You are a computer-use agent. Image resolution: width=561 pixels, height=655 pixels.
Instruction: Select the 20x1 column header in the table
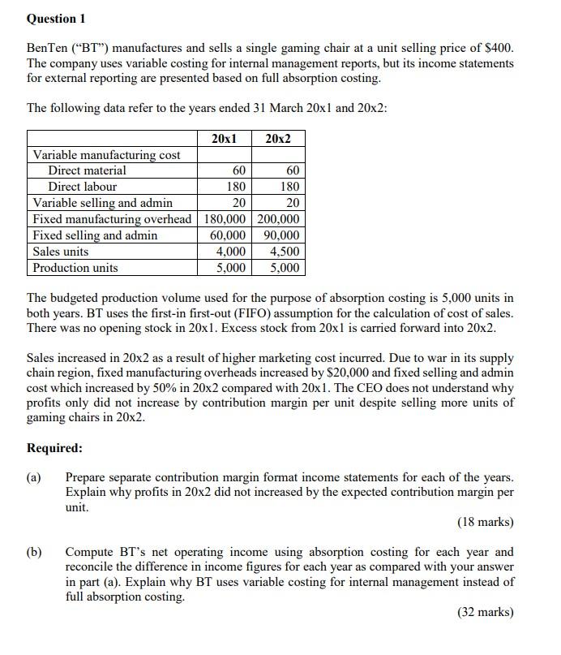click(224, 139)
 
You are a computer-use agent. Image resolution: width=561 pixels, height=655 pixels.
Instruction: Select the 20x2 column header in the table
click(279, 139)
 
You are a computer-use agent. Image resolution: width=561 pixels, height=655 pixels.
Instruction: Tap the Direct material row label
click(87, 170)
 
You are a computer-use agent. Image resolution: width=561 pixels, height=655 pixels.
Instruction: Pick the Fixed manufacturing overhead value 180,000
click(225, 219)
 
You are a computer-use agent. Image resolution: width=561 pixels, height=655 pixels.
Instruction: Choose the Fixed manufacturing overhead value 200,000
click(279, 219)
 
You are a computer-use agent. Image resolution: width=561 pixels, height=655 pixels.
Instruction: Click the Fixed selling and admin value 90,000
click(281, 235)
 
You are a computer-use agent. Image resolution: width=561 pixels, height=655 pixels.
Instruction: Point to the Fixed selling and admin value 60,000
click(227, 235)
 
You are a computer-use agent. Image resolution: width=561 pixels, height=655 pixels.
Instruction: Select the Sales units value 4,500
click(284, 252)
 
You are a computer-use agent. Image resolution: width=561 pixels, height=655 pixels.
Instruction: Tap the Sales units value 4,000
click(231, 252)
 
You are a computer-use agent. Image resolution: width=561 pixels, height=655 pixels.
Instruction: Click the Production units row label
click(75, 268)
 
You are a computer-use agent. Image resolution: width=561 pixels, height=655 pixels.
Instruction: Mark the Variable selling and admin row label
click(102, 203)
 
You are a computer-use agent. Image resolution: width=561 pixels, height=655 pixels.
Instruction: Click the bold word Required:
click(54, 448)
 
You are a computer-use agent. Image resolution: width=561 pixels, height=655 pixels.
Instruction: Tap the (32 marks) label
click(485, 612)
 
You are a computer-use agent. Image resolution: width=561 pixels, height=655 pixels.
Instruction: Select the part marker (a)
click(35, 478)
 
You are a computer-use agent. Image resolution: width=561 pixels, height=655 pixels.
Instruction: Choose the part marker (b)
click(35, 552)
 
